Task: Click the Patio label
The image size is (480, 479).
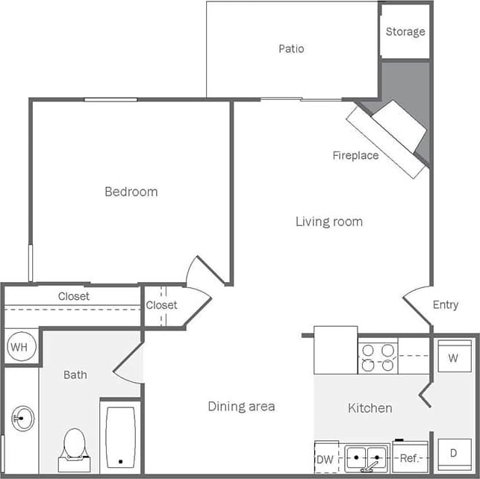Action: (291, 49)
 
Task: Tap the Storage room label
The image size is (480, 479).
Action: (405, 32)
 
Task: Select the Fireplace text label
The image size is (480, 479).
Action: (355, 156)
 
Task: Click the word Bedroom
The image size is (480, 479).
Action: (131, 192)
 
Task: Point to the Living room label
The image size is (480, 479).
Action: (328, 222)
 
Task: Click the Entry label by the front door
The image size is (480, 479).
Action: (446, 305)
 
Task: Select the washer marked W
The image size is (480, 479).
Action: (452, 357)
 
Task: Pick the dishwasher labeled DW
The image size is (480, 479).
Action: (325, 458)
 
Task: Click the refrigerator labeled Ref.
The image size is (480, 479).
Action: (410, 458)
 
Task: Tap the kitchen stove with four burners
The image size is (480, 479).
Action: (378, 357)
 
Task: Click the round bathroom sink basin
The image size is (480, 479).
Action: (22, 419)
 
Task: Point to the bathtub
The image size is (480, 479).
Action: (120, 436)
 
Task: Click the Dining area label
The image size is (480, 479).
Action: (241, 407)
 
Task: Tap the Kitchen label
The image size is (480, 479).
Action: (370, 408)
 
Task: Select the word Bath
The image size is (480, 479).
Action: (75, 375)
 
